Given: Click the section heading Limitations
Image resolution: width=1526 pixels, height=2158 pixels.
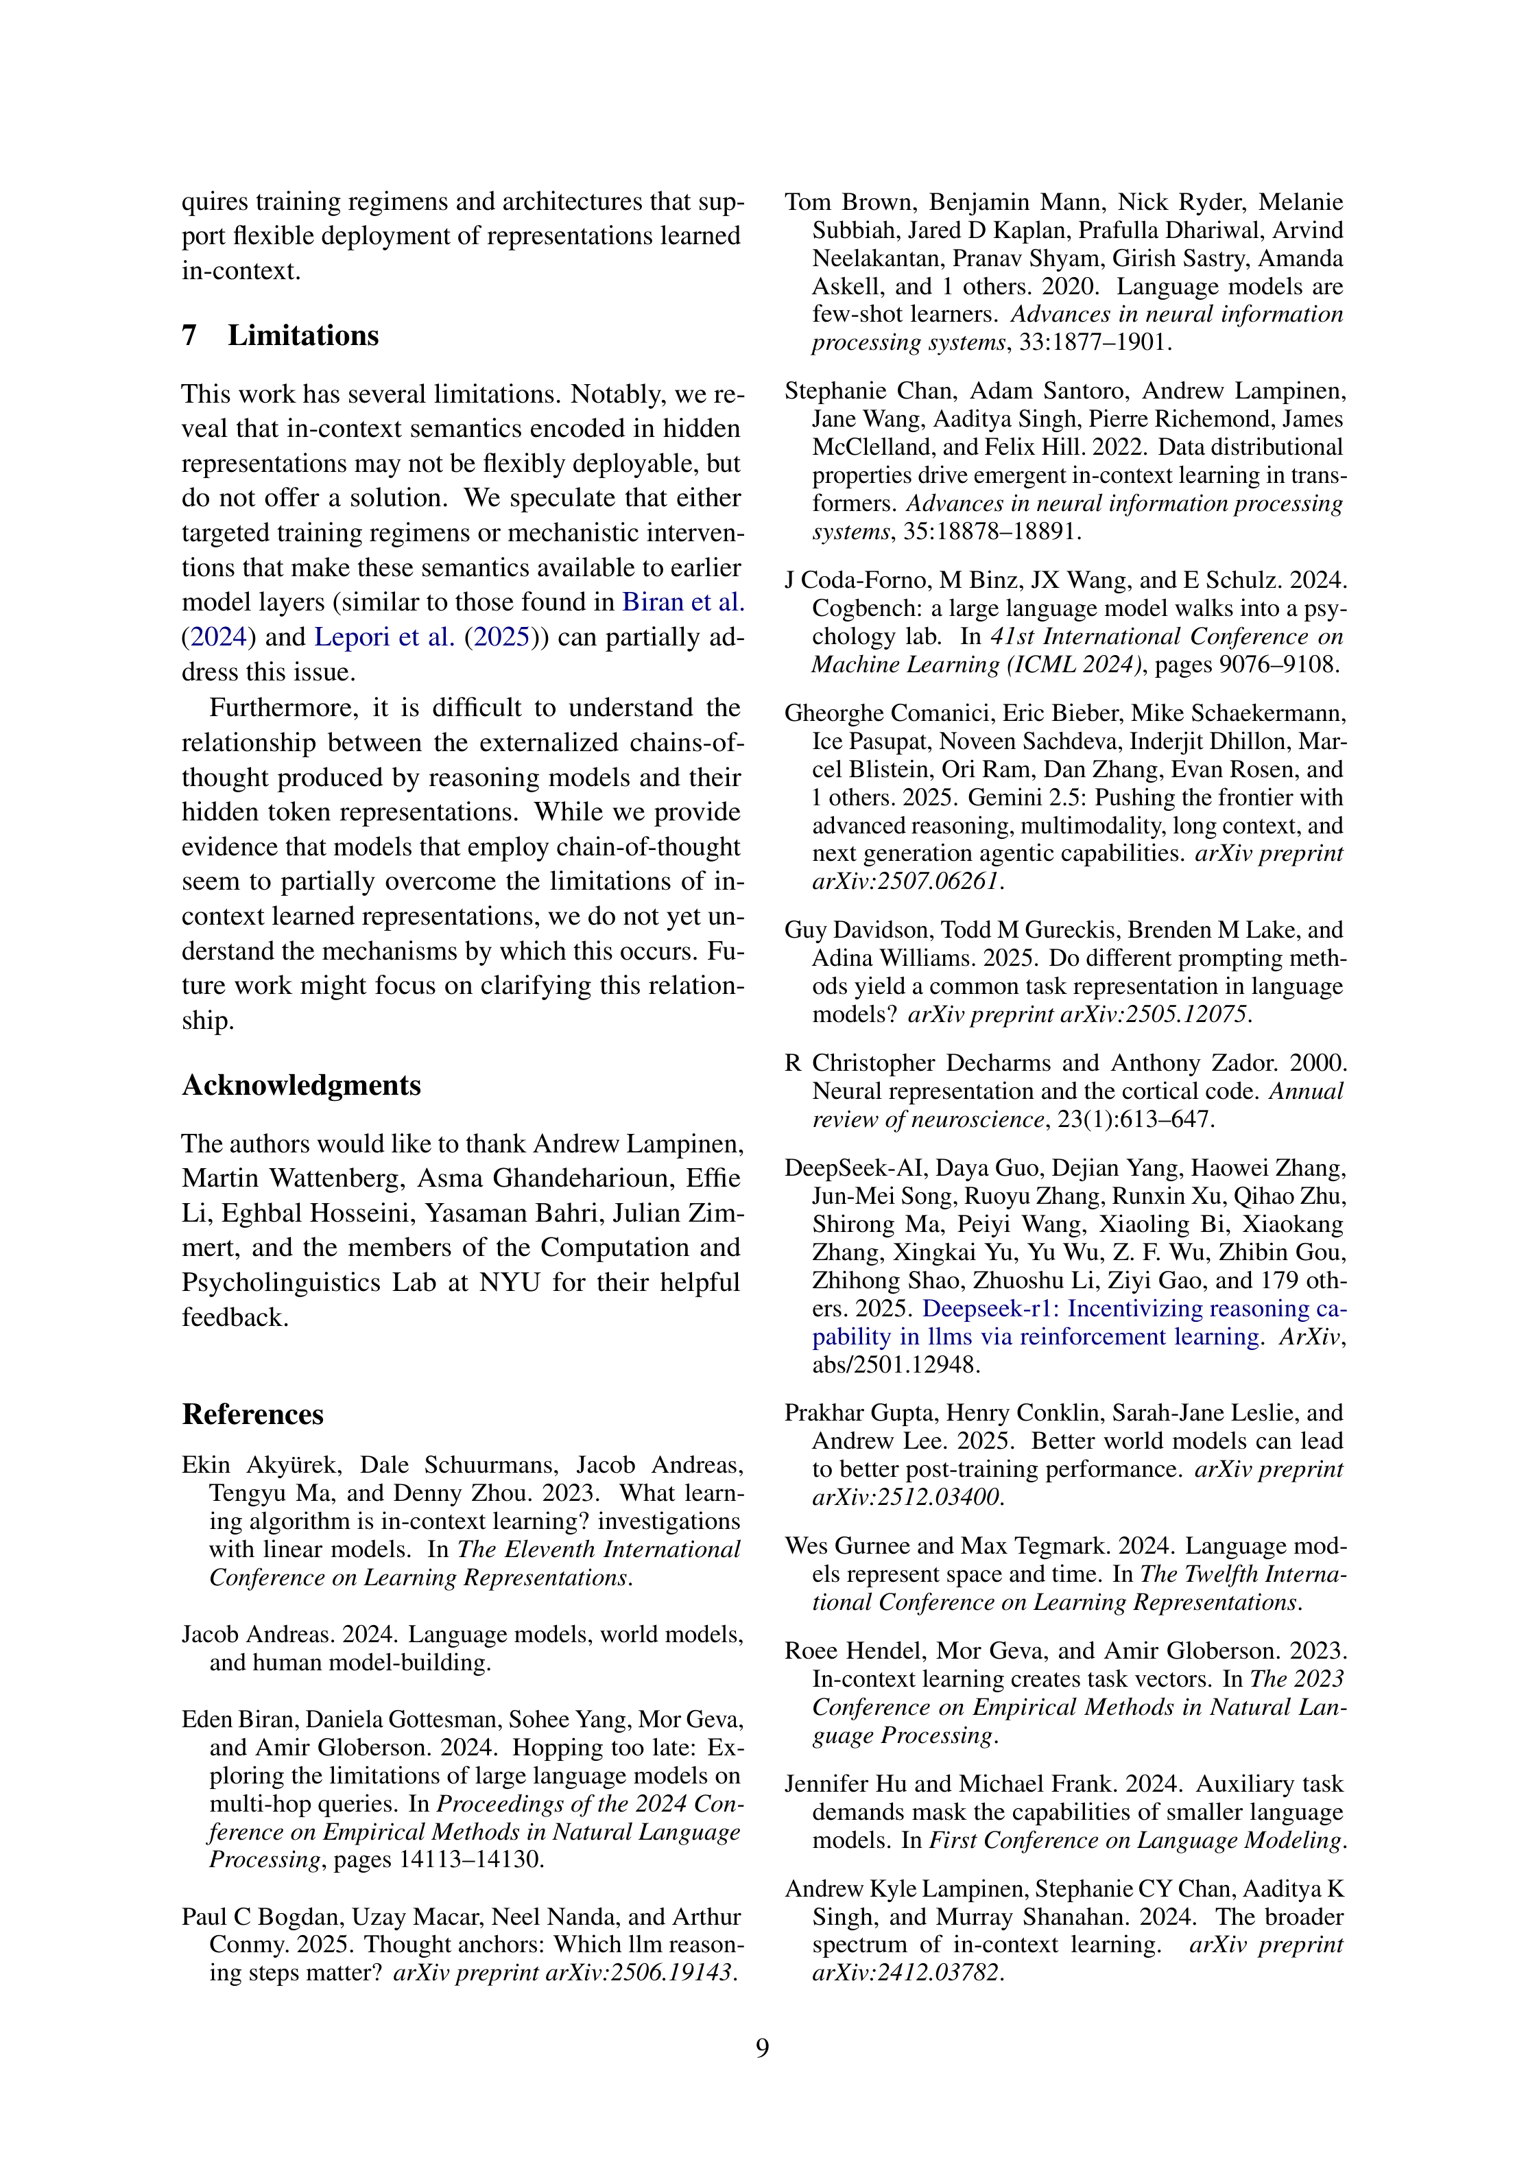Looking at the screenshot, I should click(302, 335).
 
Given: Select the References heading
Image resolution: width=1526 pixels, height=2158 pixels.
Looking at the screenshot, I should click(253, 1414).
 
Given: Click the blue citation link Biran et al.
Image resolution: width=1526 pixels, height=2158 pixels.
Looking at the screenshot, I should click(683, 602).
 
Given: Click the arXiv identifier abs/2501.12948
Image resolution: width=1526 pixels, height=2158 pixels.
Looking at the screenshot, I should click(896, 1365).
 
